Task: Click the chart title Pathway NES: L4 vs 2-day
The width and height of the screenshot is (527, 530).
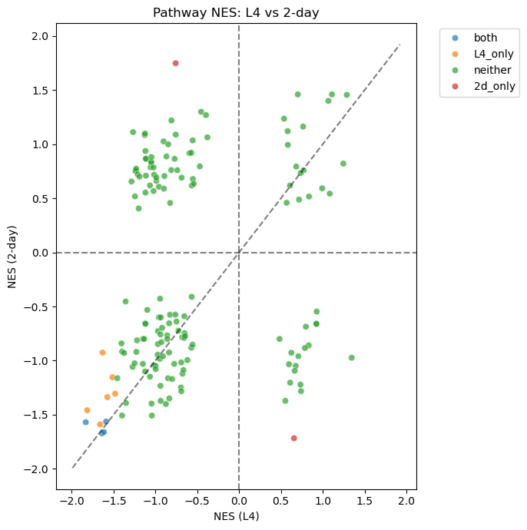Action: pos(236,12)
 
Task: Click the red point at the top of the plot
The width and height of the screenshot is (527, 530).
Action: pos(176,63)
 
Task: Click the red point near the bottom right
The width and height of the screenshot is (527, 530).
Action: pos(294,439)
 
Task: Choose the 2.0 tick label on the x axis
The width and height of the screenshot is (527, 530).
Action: pos(406,501)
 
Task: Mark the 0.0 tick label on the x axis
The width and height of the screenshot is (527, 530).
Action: pos(239,501)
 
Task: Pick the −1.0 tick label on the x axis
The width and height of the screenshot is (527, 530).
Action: pos(155,501)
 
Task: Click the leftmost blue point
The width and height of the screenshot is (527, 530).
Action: pos(86,422)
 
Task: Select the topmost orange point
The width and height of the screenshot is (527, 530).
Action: pos(102,353)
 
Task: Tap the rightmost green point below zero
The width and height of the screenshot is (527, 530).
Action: pos(351,358)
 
